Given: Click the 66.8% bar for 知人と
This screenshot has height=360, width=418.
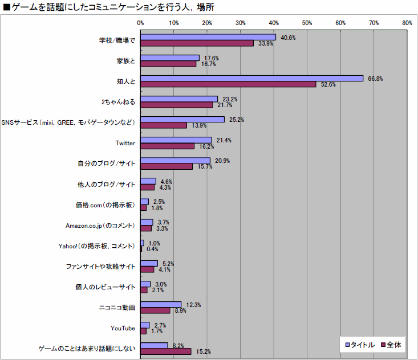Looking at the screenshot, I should pyautogui.click(x=251, y=79).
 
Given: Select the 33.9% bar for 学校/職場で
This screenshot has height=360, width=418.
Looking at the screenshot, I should pyautogui.click(x=197, y=43).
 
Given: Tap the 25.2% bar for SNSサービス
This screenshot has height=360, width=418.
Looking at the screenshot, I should pyautogui.click(x=182, y=120).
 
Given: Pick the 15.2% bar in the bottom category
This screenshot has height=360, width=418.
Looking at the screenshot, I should pyautogui.click(x=166, y=351).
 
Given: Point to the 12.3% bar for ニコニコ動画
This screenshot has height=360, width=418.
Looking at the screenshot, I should pyautogui.click(x=161, y=305).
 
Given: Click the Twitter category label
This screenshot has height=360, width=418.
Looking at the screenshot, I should pyautogui.click(x=125, y=143).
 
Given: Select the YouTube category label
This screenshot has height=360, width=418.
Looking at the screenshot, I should pyautogui.click(x=123, y=328).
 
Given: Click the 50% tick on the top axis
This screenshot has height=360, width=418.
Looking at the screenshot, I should pyautogui.click(x=307, y=23).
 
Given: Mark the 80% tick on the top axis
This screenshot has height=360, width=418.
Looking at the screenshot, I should pyautogui.click(x=407, y=23).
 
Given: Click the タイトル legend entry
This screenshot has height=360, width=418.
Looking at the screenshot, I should pyautogui.click(x=359, y=345).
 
